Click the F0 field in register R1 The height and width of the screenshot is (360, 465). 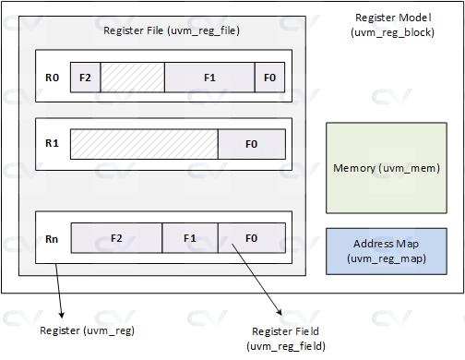[x=251, y=143]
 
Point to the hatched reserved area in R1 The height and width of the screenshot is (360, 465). [x=144, y=143]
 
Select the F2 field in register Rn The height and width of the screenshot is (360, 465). [x=116, y=237]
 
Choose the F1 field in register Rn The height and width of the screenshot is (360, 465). [x=190, y=237]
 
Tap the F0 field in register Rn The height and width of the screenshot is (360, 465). [x=251, y=237]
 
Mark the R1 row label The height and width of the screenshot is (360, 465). [x=52, y=143]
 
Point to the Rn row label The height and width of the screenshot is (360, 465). [x=52, y=237]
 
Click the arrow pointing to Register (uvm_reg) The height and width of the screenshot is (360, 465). [x=62, y=291]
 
